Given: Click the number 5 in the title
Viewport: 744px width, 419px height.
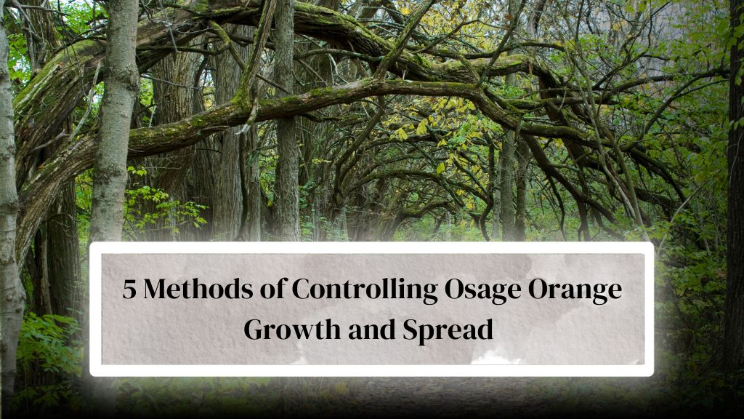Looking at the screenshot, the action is point(129,288).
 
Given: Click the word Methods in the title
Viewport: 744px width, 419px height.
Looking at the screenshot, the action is point(198,288).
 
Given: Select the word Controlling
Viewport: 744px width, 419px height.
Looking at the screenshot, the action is point(365,290).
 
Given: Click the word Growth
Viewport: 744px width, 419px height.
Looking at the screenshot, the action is point(292,330).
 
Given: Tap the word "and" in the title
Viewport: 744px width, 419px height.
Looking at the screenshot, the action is point(372,330).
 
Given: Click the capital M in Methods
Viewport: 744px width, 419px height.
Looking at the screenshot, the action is point(155,289).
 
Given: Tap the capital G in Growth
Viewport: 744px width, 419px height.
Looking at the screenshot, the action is point(254,330).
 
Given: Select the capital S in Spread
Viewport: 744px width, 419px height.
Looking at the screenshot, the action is point(411,330).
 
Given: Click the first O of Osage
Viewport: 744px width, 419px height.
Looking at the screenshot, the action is point(455,289).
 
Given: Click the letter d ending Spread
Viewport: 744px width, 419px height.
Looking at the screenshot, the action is point(485,330).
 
